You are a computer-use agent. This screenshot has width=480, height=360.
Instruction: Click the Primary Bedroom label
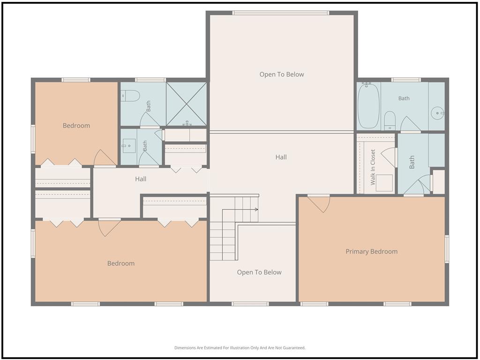(x=371, y=252)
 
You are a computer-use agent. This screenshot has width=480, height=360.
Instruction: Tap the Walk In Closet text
(x=373, y=167)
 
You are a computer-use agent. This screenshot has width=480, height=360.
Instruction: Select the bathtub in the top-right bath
(x=368, y=105)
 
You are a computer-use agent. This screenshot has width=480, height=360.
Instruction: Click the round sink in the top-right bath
(x=437, y=113)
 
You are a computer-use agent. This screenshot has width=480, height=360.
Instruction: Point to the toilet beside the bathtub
(x=390, y=120)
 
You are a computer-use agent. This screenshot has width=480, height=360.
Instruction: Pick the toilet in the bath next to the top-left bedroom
(x=130, y=96)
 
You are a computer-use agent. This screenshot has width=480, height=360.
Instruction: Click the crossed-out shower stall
(x=186, y=104)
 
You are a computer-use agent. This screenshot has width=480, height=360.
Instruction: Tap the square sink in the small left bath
(x=128, y=146)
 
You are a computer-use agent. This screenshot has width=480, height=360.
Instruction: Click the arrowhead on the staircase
(x=256, y=210)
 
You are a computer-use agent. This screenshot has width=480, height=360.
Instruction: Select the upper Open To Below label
(x=282, y=75)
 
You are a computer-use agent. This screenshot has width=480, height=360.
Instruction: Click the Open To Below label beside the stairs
(x=259, y=272)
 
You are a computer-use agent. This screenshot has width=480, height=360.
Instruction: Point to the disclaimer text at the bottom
(x=240, y=348)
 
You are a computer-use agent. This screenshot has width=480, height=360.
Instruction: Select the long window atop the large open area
(x=281, y=13)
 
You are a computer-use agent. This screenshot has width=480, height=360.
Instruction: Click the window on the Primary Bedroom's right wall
(x=447, y=249)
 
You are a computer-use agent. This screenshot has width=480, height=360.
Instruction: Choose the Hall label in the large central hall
(x=281, y=157)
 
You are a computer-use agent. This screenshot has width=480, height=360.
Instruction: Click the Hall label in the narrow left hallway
(x=141, y=179)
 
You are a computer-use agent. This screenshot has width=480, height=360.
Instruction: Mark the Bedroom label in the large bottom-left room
(x=120, y=263)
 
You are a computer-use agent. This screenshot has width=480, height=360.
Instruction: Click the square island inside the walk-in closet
(x=384, y=183)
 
